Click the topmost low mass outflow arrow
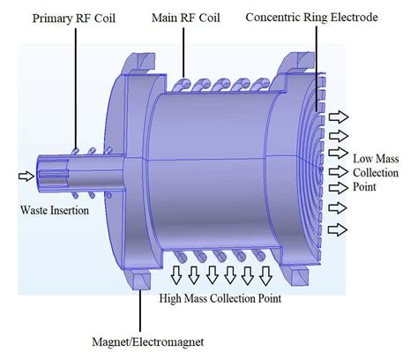tap(339, 115)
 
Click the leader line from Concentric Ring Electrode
tap(315, 62)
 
